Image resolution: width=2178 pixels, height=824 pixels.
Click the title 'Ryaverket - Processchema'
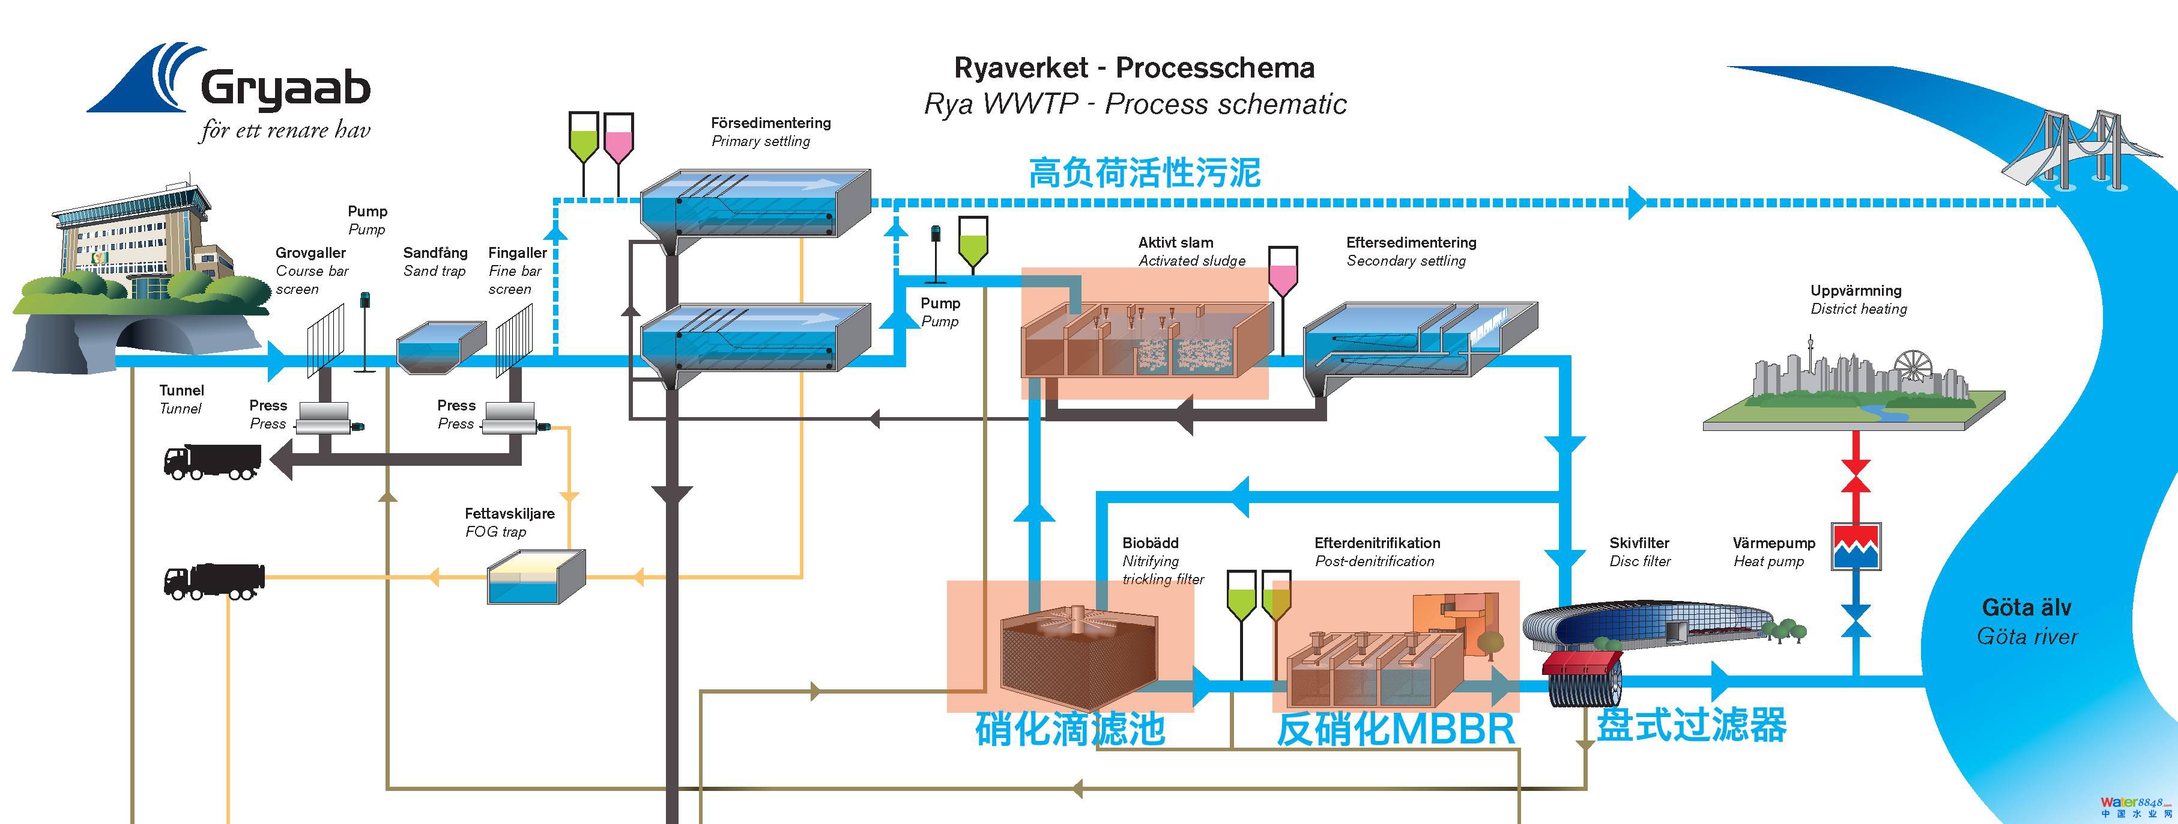click(1134, 68)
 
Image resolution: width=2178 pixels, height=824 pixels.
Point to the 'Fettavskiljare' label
click(509, 513)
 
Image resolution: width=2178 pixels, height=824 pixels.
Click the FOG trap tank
click(536, 577)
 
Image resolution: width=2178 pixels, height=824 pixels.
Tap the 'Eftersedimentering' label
click(1411, 243)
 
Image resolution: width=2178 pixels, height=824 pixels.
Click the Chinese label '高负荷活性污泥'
click(1144, 172)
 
